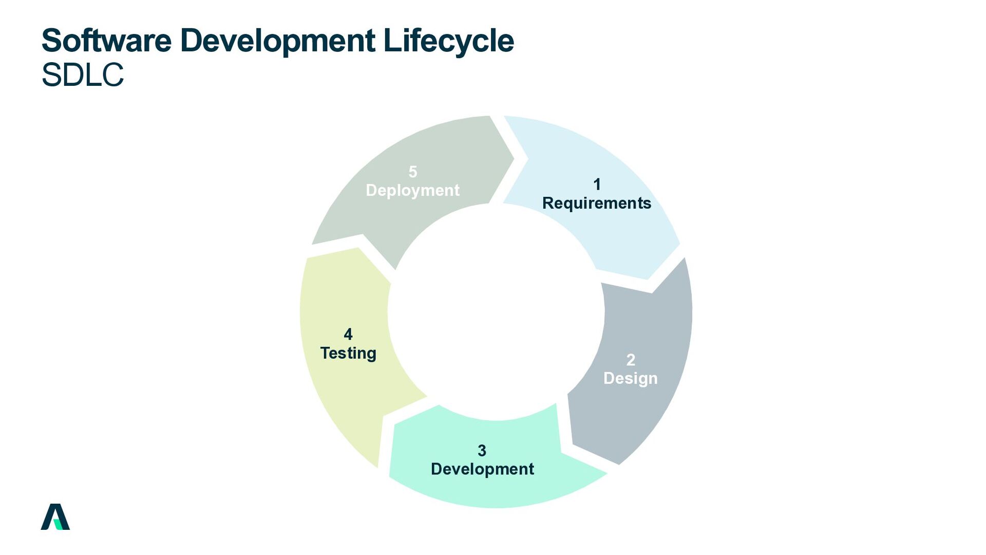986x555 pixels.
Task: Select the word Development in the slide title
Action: coord(277,41)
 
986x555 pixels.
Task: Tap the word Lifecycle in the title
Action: coord(448,41)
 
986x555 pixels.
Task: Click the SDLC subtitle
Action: coord(82,75)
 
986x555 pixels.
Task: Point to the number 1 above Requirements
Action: coord(597,184)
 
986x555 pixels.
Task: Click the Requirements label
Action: coord(597,203)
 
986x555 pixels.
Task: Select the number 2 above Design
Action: coord(631,360)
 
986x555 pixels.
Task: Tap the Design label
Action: coord(631,378)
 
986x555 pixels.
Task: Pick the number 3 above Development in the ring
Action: coord(482,451)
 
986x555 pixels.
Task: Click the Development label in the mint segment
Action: coord(482,469)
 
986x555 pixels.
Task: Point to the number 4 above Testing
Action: coord(348,335)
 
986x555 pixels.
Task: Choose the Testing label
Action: coord(348,353)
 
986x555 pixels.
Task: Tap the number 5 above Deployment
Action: coord(413,172)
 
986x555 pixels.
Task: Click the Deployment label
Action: coord(413,190)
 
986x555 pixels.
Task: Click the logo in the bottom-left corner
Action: coord(55,516)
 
